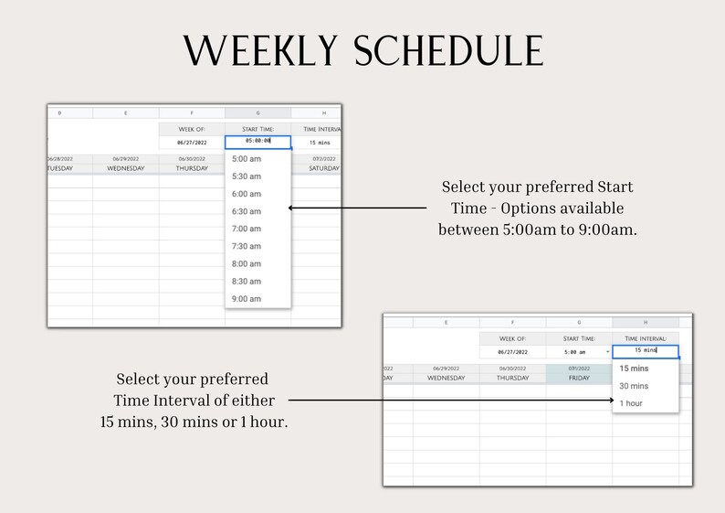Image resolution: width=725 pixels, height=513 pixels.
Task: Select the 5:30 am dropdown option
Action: pyautogui.click(x=247, y=176)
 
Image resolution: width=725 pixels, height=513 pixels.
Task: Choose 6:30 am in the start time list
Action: pyautogui.click(x=247, y=211)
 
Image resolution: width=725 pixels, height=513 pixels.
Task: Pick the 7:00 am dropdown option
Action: pyautogui.click(x=247, y=229)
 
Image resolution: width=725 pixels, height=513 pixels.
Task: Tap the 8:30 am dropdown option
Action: pyautogui.click(x=247, y=282)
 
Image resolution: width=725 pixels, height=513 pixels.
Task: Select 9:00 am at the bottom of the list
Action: pyautogui.click(x=247, y=299)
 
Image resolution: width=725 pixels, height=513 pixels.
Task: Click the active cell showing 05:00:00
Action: pyautogui.click(x=257, y=142)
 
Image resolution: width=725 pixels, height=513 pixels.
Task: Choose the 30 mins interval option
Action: pyautogui.click(x=634, y=386)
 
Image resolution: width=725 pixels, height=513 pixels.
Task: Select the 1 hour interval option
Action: pyautogui.click(x=631, y=403)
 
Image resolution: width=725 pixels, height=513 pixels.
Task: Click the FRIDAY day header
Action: pyautogui.click(x=579, y=378)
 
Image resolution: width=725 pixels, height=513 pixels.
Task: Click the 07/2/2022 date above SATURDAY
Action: pyautogui.click(x=323, y=158)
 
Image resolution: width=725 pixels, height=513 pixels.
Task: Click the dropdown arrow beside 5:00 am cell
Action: pyautogui.click(x=607, y=351)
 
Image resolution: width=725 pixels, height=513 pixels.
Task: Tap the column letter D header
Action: pyautogui.click(x=60, y=113)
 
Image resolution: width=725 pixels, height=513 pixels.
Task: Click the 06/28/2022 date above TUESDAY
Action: pyautogui.click(x=59, y=158)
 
